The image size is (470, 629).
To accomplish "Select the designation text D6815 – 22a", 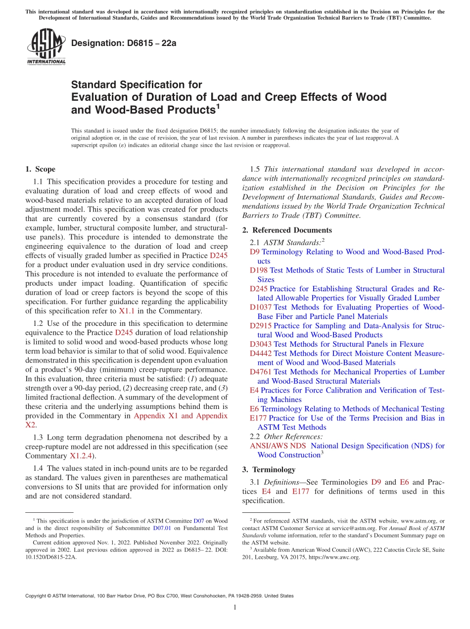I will point(124,43).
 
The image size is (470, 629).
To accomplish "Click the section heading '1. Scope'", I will point(40,169).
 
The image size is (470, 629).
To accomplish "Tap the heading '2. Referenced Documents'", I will point(287,230).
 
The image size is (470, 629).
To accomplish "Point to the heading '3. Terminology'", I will point(269,469).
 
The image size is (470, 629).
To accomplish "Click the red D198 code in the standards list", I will point(258,270).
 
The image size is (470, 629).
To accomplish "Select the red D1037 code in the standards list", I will point(261,307).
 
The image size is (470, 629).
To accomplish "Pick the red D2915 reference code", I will point(261,325).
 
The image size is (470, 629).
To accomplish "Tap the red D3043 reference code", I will point(261,344).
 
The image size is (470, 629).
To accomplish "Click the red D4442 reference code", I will point(261,353).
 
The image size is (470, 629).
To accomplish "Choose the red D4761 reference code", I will point(261,372).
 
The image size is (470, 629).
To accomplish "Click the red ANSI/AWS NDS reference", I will point(278,446).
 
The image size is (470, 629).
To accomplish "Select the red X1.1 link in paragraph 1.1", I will point(126,311).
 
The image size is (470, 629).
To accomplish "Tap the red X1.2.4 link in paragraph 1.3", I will point(83,455).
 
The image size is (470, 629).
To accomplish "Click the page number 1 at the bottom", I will point(235,608).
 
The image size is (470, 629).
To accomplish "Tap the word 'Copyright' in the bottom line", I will point(37,596).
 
